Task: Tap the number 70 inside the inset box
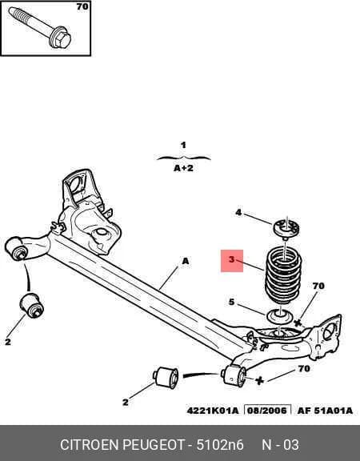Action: [82, 6]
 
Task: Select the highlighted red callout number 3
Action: [232, 260]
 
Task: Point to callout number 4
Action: [238, 212]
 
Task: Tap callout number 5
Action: [231, 302]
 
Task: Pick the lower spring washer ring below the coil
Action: [279, 316]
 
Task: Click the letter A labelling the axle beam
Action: [186, 261]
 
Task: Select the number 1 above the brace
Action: [183, 145]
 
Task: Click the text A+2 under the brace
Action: [183, 168]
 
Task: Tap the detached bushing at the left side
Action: [32, 305]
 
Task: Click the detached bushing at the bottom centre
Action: [166, 377]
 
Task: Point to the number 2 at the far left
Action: [8, 342]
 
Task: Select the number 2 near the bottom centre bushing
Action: [126, 402]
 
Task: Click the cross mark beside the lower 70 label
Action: [259, 380]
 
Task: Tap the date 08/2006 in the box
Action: [267, 411]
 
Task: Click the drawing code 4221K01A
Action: [213, 411]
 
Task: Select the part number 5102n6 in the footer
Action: [220, 444]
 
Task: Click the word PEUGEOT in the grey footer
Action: [154, 444]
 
